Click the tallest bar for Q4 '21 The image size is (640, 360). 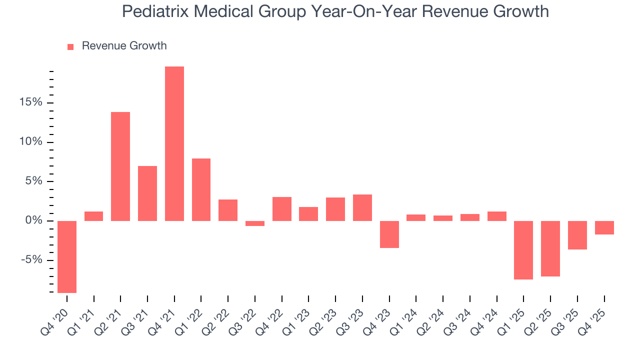[x=174, y=143]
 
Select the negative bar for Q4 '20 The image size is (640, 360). [x=67, y=256]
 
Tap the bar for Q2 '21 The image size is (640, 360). [x=120, y=166]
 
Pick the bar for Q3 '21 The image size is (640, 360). [x=147, y=193]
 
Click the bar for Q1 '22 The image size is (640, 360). [x=201, y=189]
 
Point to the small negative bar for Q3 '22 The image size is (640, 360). [x=255, y=223]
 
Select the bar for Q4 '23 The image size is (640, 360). [x=389, y=234]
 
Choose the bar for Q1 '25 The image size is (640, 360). [x=523, y=250]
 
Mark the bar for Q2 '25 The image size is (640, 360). [x=550, y=248]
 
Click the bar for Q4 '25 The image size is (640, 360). [x=604, y=227]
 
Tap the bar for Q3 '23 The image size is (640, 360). [x=362, y=207]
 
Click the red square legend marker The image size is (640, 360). [x=70, y=46]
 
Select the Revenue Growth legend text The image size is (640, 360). [x=124, y=46]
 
